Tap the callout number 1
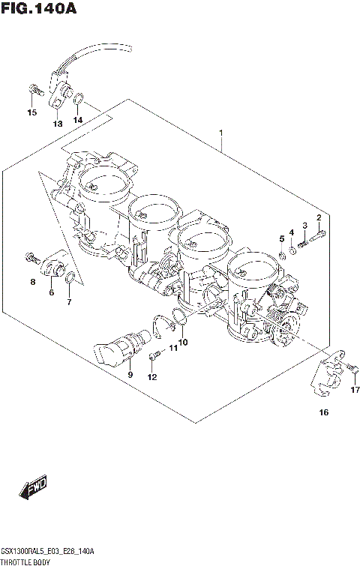[x=221, y=133]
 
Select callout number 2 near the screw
[x=319, y=217]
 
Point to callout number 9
[x=130, y=374]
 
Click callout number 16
[x=324, y=412]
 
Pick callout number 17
[x=355, y=390]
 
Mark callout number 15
[x=31, y=113]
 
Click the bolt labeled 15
[x=32, y=91]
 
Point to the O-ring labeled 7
[x=69, y=281]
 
